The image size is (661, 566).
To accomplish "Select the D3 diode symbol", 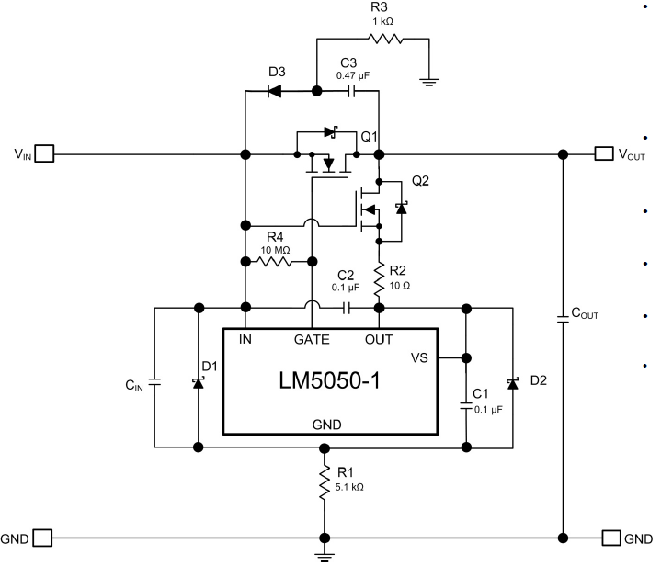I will point(274,91).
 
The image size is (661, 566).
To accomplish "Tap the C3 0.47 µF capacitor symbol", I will point(350,91).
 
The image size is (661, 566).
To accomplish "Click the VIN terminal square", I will point(44,153).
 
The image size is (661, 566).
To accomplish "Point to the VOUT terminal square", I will point(603,153).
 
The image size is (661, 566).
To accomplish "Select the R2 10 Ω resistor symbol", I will point(379,276).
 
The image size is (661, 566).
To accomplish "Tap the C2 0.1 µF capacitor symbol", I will point(348,307).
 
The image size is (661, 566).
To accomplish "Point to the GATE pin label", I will point(312,339).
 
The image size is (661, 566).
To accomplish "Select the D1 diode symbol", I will point(199,379).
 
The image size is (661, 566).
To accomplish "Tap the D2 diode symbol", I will point(512,380).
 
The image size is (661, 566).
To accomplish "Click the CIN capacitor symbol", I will point(154,379).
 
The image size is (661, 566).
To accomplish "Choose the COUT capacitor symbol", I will point(563,319).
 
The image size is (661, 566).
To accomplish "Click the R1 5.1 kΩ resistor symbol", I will point(324,481).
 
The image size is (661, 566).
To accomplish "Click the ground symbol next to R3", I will point(427,81).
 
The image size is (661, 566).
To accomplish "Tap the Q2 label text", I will point(419,181).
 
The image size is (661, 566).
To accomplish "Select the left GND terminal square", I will point(44,537).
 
